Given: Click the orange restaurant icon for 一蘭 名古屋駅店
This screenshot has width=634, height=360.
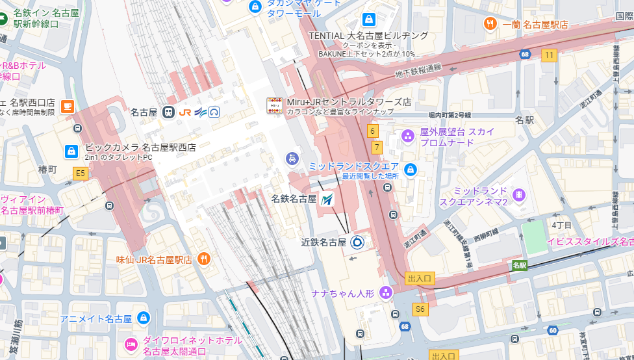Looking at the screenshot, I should click(x=490, y=24).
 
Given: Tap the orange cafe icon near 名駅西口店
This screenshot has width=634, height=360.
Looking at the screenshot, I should click(x=68, y=107).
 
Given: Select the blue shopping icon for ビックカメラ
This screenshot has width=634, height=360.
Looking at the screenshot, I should click(x=71, y=151).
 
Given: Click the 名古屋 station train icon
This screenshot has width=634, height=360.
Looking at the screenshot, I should click(x=169, y=112).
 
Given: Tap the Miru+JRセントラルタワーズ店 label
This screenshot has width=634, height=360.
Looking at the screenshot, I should click(x=349, y=102).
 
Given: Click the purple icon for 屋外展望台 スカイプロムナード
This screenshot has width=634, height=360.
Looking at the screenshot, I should click(x=408, y=136).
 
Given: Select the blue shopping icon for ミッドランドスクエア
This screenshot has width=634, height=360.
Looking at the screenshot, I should click(x=410, y=170).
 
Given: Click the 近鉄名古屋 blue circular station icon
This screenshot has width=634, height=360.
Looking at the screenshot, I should click(x=357, y=242).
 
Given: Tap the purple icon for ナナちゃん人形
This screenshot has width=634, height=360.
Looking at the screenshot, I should click(x=386, y=293).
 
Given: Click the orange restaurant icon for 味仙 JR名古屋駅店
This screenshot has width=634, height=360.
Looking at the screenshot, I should click(x=204, y=259).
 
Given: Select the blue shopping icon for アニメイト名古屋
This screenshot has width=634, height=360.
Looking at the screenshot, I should click(x=144, y=318).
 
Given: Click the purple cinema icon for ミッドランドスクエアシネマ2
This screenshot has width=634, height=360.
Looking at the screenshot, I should click(x=518, y=195).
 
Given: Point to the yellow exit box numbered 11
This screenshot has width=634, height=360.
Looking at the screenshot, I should click(x=550, y=55).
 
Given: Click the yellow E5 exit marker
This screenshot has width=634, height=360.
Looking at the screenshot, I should click(x=80, y=173).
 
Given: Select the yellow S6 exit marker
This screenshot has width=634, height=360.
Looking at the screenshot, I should click(x=420, y=309).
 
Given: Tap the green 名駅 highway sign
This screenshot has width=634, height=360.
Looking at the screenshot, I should click(x=519, y=265).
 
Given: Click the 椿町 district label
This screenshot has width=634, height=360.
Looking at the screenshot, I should click(x=48, y=170).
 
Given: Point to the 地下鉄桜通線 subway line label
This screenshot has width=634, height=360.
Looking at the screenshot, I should click(x=418, y=71).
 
